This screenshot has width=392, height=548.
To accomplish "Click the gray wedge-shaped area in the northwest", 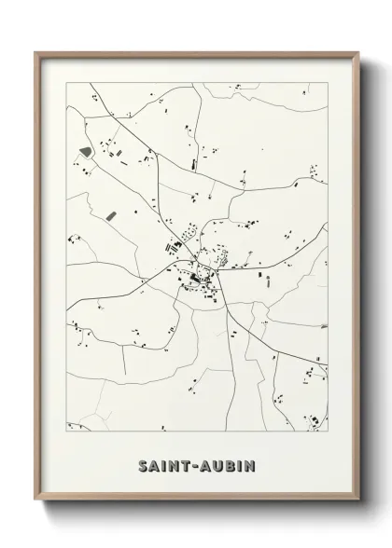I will pyautogui.click(x=86, y=149).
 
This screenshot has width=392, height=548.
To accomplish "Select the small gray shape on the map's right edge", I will pyautogui.click(x=324, y=326).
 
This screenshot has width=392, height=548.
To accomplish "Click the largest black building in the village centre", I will pyautogui.click(x=196, y=277).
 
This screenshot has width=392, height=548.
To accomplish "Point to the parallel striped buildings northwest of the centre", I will pyautogui.click(x=173, y=247).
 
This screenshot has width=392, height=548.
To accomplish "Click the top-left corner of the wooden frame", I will pyautogui.click(x=36, y=52).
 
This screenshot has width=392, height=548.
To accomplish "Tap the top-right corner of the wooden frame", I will pyautogui.click(x=357, y=52).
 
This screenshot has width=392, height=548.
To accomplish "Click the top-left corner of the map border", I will pyautogui.click(x=66, y=82).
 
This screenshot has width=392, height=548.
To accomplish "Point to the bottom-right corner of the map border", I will pyautogui.click(x=328, y=432).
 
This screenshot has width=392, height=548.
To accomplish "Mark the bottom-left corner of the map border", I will pyautogui.click(x=66, y=432).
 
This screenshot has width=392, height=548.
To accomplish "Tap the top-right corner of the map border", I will pyautogui.click(x=328, y=82).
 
